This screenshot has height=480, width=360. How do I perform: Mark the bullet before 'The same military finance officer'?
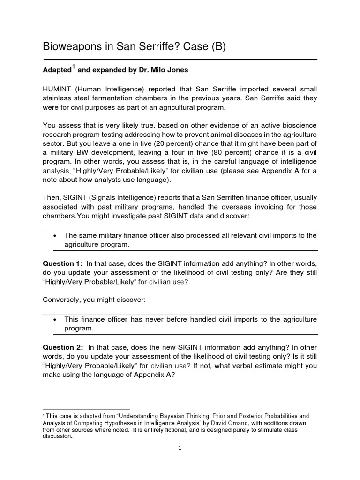click(55, 235)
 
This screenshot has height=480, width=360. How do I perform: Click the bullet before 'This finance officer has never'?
click(55, 320)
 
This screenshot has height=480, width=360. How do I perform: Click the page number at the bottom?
click(180, 448)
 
